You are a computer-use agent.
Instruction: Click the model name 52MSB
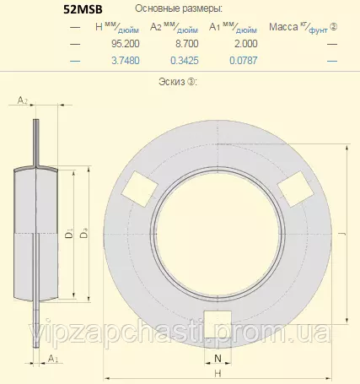pos(83,9)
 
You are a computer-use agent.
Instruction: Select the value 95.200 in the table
pos(126,44)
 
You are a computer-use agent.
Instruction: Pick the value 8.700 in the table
pos(187,44)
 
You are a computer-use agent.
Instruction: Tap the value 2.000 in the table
pos(246,44)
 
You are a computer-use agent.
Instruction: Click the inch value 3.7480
pos(126,61)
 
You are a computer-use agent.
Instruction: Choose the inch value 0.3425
pos(185,61)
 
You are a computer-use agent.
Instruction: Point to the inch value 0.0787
pos(244,61)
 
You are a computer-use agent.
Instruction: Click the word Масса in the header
pos(283,27)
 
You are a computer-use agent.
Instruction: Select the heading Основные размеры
pos(179,8)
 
